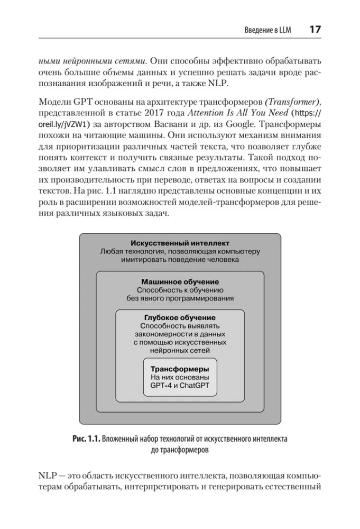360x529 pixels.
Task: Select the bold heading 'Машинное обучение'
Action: pos(180,281)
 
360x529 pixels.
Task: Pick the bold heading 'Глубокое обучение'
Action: pos(180,317)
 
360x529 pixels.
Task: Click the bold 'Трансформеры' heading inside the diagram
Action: pos(180,368)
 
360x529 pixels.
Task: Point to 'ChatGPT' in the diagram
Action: pos(194,386)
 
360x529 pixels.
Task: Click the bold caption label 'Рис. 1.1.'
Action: pos(84,438)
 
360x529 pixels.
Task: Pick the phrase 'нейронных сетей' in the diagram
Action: pos(180,350)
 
